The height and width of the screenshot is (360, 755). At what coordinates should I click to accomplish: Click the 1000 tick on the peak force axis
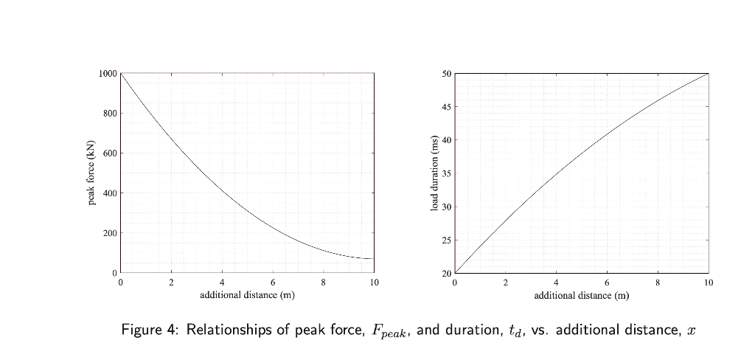click(108, 74)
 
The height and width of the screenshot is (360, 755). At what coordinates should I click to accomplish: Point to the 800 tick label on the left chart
click(110, 114)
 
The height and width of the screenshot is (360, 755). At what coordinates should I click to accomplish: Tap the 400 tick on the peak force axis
click(110, 193)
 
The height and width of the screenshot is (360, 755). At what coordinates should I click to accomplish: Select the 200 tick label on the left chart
click(110, 233)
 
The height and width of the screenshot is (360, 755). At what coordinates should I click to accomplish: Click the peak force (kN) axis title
click(91, 173)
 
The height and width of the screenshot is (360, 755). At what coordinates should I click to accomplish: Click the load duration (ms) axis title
click(435, 173)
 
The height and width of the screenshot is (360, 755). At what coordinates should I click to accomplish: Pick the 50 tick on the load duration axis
click(447, 74)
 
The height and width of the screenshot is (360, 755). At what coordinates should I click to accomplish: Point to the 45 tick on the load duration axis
click(447, 107)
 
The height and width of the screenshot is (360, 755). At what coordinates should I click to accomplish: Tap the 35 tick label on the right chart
click(447, 173)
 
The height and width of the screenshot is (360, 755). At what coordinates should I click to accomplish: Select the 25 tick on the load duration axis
click(447, 240)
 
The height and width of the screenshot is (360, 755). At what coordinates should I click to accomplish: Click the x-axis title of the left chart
click(247, 295)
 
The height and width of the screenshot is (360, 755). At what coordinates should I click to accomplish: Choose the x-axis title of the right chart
click(581, 295)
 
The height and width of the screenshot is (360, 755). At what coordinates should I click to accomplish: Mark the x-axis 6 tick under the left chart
click(273, 283)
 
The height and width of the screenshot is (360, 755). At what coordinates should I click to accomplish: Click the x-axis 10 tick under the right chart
click(708, 283)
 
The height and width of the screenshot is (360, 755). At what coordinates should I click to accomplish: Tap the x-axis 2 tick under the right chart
click(506, 283)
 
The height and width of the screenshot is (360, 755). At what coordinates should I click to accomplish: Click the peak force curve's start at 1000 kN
click(121, 74)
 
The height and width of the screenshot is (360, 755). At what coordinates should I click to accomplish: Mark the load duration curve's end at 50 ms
click(708, 74)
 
